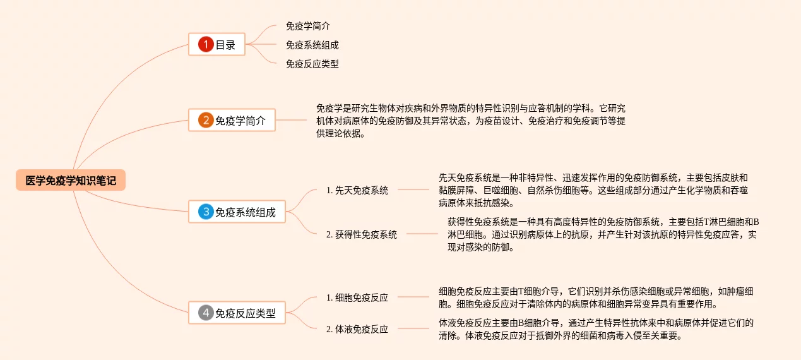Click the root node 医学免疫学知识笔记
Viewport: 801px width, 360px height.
click(x=71, y=181)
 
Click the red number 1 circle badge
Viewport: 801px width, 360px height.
click(x=206, y=44)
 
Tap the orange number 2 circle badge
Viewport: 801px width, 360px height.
click(x=206, y=120)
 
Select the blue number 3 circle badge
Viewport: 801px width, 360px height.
click(x=206, y=212)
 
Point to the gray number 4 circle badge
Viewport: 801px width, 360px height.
click(x=206, y=312)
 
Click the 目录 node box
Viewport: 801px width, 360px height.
click(x=217, y=44)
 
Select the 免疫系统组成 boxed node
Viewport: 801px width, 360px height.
click(x=237, y=212)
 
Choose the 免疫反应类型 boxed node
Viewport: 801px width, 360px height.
click(x=237, y=312)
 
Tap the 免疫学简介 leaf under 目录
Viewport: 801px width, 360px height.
click(x=307, y=26)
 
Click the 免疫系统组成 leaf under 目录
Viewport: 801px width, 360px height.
click(x=312, y=45)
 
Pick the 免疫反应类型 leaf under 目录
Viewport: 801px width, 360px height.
click(x=312, y=64)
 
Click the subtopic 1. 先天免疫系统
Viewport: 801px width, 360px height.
click(x=357, y=190)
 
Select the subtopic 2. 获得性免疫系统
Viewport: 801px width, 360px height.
click(x=361, y=234)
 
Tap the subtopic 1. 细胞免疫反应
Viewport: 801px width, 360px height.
click(x=357, y=297)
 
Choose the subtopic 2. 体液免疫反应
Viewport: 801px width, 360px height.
click(x=357, y=329)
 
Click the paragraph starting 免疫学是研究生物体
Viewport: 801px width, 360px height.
click(x=470, y=121)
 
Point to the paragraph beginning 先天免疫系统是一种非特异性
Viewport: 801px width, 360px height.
click(x=593, y=190)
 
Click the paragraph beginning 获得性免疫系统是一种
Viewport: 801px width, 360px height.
click(x=603, y=234)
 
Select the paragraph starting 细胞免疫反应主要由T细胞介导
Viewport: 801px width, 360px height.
click(x=596, y=297)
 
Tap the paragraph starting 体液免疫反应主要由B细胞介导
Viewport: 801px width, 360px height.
click(x=596, y=329)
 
